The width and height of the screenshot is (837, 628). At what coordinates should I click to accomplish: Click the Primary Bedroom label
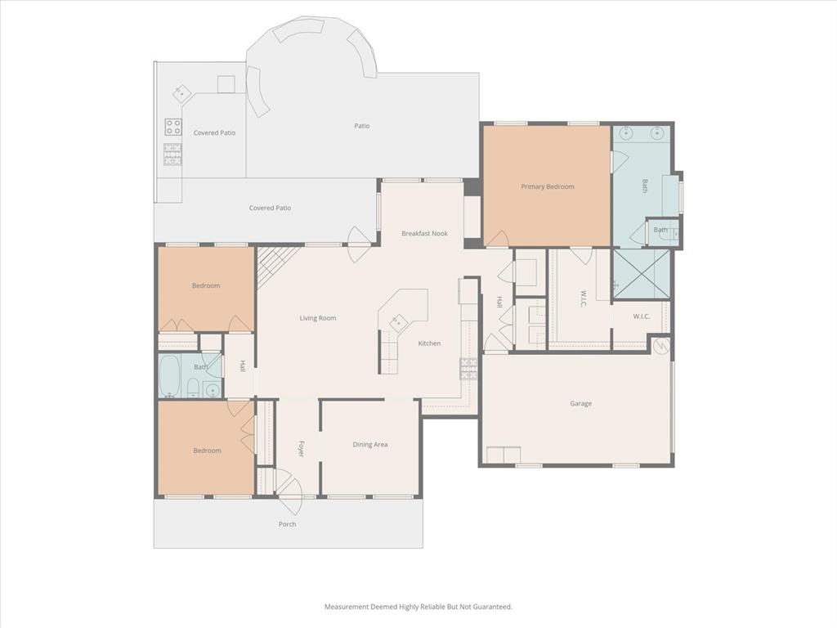[548, 186]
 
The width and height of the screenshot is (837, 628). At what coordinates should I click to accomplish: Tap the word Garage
[580, 403]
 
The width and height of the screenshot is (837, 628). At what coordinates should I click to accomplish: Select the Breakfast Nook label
[424, 234]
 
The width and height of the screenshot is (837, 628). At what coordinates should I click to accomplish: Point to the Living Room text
[317, 318]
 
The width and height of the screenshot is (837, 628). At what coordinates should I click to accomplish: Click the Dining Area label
[369, 445]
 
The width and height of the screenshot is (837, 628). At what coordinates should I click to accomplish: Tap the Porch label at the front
[287, 524]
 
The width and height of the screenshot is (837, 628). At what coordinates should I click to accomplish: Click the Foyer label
[300, 448]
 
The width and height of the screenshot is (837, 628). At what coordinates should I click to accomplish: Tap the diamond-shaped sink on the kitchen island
[398, 321]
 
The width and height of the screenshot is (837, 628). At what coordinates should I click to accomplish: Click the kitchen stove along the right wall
[468, 369]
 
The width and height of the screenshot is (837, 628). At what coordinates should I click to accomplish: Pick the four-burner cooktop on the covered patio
[173, 127]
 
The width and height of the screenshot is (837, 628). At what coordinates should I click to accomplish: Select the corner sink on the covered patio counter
[181, 92]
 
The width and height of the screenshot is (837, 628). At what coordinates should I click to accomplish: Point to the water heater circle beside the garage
[660, 346]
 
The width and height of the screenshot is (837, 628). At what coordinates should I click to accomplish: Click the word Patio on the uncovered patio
[361, 126]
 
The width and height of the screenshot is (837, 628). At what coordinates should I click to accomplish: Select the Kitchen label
[429, 343]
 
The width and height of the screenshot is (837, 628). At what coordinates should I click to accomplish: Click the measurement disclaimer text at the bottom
[418, 607]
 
